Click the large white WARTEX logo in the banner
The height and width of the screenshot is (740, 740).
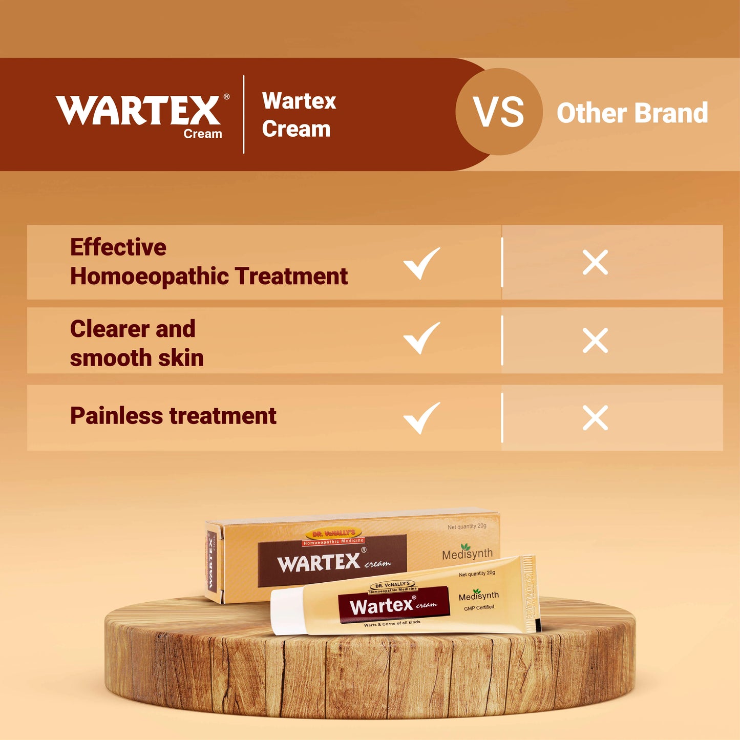(x=138, y=110)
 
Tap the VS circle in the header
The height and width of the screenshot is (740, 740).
(x=499, y=112)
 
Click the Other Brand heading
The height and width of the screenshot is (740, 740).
(x=632, y=113)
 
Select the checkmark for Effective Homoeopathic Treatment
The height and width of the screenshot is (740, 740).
(x=421, y=263)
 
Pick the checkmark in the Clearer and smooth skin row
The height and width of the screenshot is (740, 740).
(x=421, y=338)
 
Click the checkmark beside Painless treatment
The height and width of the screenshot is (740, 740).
(x=421, y=418)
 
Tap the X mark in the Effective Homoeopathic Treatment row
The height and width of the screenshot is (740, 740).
(x=595, y=263)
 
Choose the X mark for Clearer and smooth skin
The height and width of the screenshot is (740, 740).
(x=595, y=341)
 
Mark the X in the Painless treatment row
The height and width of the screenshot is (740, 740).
(x=595, y=418)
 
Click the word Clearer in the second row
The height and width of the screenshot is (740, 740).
(x=110, y=329)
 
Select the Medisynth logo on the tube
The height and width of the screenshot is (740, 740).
(x=478, y=596)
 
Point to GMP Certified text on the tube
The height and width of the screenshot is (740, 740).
(x=479, y=608)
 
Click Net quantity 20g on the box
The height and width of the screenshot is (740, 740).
(x=467, y=526)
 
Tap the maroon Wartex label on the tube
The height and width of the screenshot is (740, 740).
(x=393, y=605)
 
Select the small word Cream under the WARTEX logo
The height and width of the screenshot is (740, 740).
(x=203, y=134)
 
